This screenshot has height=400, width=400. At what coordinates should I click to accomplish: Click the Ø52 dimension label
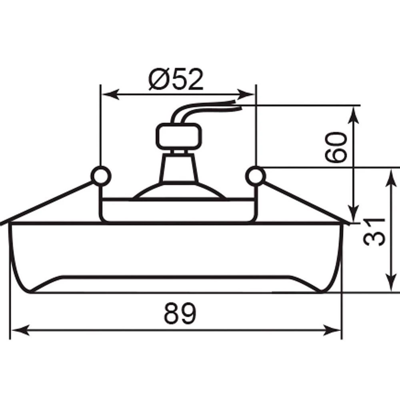(176, 79)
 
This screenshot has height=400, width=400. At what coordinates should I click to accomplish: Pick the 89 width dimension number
(180, 313)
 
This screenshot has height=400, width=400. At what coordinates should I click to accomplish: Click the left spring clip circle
(101, 176)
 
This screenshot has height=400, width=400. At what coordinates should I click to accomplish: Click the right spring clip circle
(256, 176)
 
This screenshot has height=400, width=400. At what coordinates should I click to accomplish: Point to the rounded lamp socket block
(179, 136)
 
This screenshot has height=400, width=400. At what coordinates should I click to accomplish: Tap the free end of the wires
(239, 105)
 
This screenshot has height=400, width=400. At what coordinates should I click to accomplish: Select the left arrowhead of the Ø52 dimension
(111, 94)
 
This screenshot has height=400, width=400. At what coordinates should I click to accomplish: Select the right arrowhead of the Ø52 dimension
(246, 94)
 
